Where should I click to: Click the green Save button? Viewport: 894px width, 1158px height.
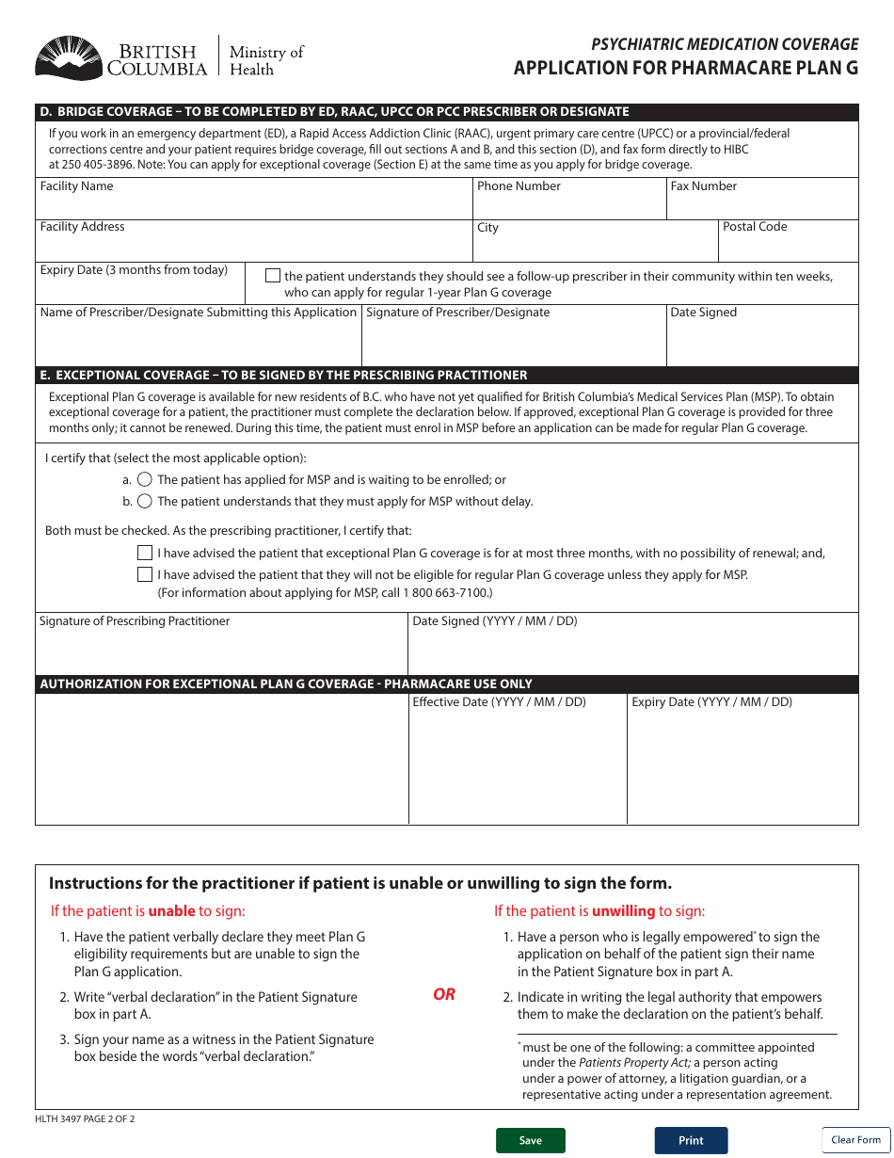(531, 1140)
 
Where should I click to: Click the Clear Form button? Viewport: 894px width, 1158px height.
(855, 1139)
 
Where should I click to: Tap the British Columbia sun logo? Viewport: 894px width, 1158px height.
(68, 58)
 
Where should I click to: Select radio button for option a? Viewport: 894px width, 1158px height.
(145, 480)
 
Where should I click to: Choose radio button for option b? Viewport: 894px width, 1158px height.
(145, 501)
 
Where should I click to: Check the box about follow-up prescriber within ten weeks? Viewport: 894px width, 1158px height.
(273, 276)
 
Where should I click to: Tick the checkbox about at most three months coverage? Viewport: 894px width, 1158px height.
(145, 553)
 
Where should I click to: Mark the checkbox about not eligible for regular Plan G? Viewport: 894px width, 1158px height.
(145, 574)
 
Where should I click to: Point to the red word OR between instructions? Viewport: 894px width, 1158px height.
(444, 994)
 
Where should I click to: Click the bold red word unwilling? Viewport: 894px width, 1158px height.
(623, 911)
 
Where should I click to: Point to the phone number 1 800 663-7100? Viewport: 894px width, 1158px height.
(448, 593)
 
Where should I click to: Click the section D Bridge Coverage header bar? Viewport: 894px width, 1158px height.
(447, 111)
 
